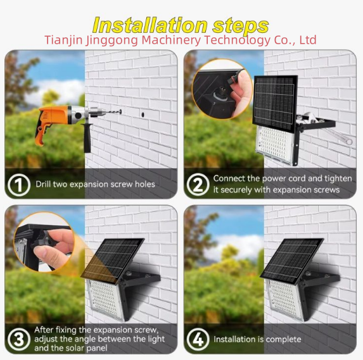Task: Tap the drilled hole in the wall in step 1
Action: click(143, 115)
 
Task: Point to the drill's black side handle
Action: click(87, 138)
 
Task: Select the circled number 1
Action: click(18, 185)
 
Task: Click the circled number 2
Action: click(198, 185)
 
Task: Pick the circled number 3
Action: click(19, 339)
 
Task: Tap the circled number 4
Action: click(198, 339)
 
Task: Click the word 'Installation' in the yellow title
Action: click(150, 25)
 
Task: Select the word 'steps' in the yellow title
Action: click(241, 26)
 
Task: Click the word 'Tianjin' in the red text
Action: click(63, 40)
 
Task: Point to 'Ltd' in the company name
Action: click(308, 40)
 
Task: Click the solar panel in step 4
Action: click(292, 261)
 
